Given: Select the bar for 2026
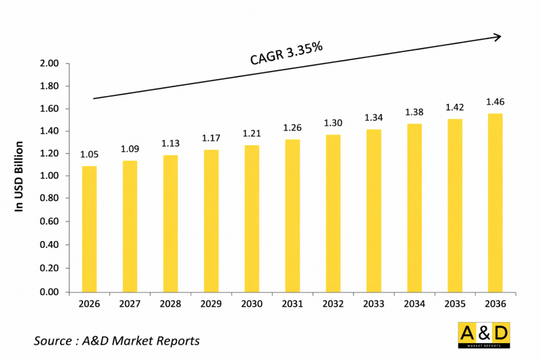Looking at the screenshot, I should tap(89, 229).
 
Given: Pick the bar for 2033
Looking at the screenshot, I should tap(373, 211).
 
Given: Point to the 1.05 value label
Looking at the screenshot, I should tap(89, 154).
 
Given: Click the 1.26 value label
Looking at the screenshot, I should tap(292, 128).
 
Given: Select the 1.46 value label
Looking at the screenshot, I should tap(495, 102).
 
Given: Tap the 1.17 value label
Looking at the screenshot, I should tap(211, 138).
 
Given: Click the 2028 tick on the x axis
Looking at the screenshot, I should tap(170, 305).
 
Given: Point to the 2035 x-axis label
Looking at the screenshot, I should tap(454, 305).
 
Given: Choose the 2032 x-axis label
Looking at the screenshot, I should tap(333, 305).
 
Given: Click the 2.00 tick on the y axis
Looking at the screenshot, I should tap(50, 64).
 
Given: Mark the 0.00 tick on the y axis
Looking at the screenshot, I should tap(50, 292).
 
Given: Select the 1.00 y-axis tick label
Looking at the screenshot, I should tap(50, 176).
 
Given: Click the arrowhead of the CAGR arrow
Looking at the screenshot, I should tap(497, 36).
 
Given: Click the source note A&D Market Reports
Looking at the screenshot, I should tap(117, 340).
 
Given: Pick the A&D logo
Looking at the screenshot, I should tap(483, 336).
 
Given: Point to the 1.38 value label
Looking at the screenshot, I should tap(414, 112).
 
